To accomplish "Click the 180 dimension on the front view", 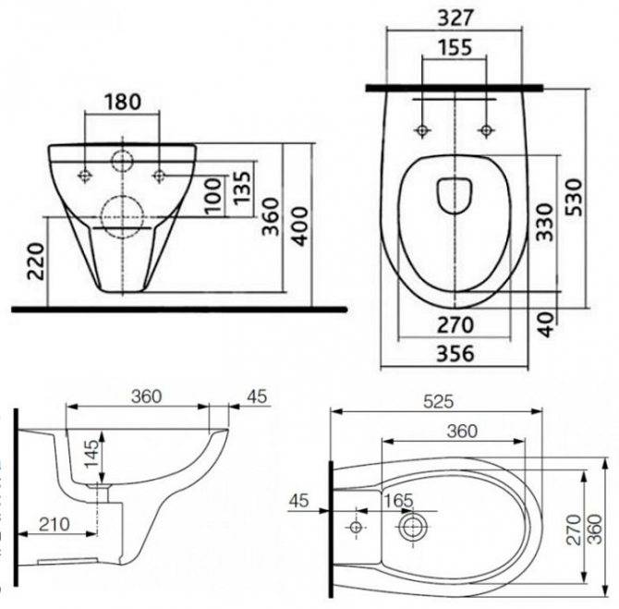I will [x=122, y=102].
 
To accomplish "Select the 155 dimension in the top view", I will [x=453, y=49].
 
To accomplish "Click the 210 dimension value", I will [x=54, y=524].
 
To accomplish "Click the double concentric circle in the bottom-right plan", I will [x=410, y=529].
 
